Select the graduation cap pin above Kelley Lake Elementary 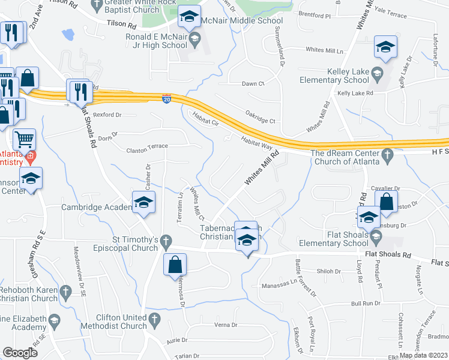(385, 48)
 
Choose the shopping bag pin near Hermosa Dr (174, 264)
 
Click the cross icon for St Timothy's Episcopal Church (167, 241)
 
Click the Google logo (19, 353)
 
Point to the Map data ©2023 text (423, 355)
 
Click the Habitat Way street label (257, 142)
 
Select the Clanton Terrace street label (147, 146)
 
